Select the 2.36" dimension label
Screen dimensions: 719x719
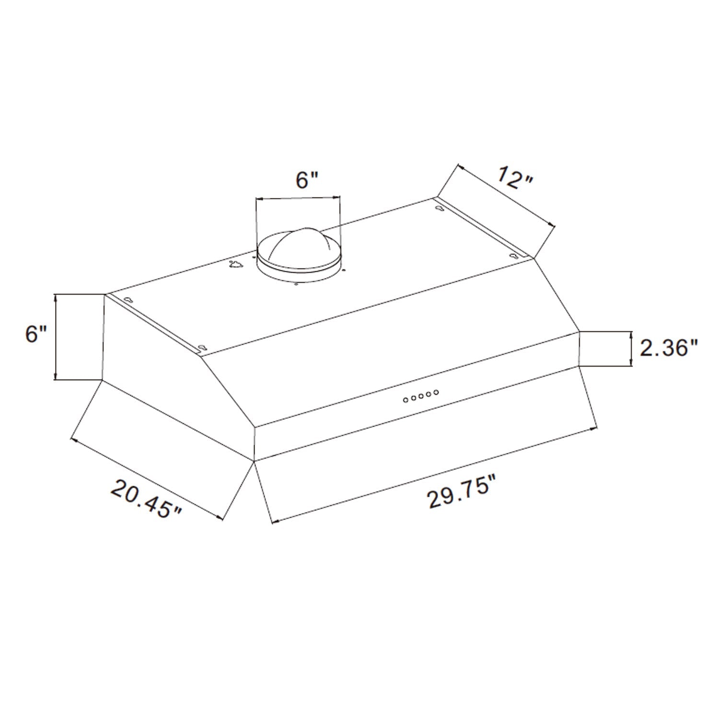click(669, 348)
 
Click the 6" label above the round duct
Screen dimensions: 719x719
click(307, 180)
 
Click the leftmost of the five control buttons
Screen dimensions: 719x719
click(406, 399)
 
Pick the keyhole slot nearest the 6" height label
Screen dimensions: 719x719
click(128, 300)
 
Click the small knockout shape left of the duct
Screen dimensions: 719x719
click(235, 264)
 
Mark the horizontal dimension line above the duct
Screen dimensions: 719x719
click(298, 197)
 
